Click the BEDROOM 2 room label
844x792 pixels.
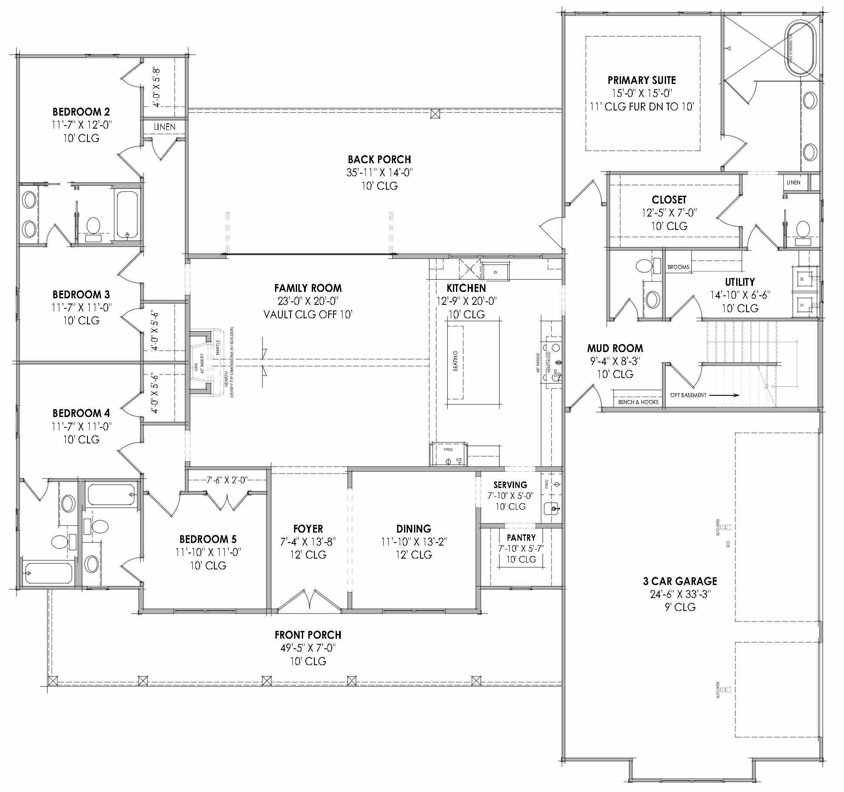(81, 112)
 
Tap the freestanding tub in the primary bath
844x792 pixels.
(800, 48)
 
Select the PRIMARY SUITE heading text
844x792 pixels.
(641, 80)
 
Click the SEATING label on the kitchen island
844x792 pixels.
(455, 361)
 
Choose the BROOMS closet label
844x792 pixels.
(678, 267)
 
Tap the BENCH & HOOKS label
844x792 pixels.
(638, 402)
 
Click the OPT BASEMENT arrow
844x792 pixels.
(724, 395)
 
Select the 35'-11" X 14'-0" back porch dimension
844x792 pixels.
(379, 172)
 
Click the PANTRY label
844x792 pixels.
(521, 537)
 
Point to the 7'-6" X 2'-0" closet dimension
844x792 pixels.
(226, 480)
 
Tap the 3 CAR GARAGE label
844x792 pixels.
(680, 581)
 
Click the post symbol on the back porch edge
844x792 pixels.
(435, 114)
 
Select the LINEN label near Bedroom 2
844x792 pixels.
(165, 127)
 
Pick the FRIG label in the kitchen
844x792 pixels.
(448, 449)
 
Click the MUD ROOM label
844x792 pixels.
(615, 348)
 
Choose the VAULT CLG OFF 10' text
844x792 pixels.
(308, 314)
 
